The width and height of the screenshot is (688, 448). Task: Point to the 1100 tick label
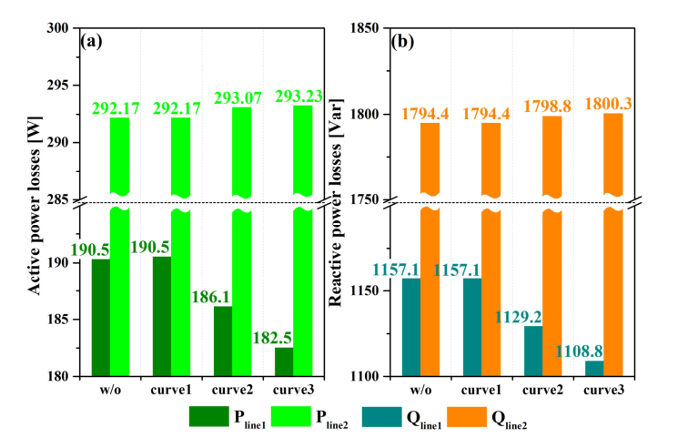click(365, 376)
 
